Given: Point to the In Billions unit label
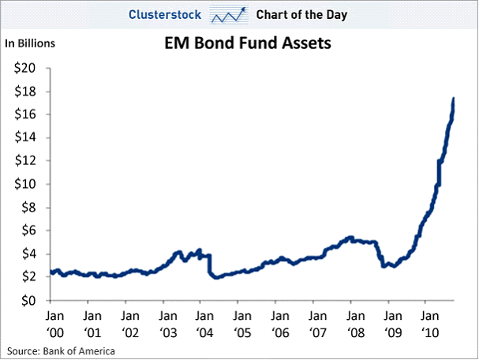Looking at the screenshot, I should coord(31,43).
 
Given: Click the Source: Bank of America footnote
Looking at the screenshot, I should coord(62,350).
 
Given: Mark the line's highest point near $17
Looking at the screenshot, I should coord(453,99).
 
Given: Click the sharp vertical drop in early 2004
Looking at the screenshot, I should coord(209,264).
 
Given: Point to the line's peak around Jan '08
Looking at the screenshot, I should coord(350,237).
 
